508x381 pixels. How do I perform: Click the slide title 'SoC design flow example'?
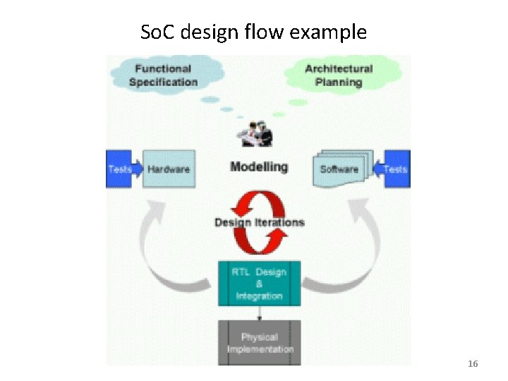pyautogui.click(x=253, y=32)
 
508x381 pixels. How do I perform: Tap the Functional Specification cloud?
pyautogui.click(x=164, y=75)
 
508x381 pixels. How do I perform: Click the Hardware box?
pyautogui.click(x=168, y=169)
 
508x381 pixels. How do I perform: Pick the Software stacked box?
pyautogui.click(x=339, y=169)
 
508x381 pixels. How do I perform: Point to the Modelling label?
pyautogui.click(x=259, y=167)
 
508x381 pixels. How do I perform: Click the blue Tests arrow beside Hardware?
pyautogui.click(x=123, y=169)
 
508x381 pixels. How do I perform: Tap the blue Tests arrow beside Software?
pyautogui.click(x=392, y=169)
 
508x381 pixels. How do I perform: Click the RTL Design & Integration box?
pyautogui.click(x=259, y=283)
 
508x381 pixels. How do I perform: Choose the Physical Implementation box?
pyautogui.click(x=259, y=343)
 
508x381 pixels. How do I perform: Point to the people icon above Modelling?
pyautogui.click(x=255, y=134)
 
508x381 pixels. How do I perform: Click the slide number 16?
pyautogui.click(x=473, y=363)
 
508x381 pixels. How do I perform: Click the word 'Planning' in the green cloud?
pyautogui.click(x=339, y=82)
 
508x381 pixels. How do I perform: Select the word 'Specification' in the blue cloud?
pyautogui.click(x=164, y=82)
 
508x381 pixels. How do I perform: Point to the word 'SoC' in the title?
pyautogui.click(x=155, y=32)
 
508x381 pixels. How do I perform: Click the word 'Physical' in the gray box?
pyautogui.click(x=259, y=337)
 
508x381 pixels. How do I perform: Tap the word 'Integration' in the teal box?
pyautogui.click(x=259, y=296)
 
